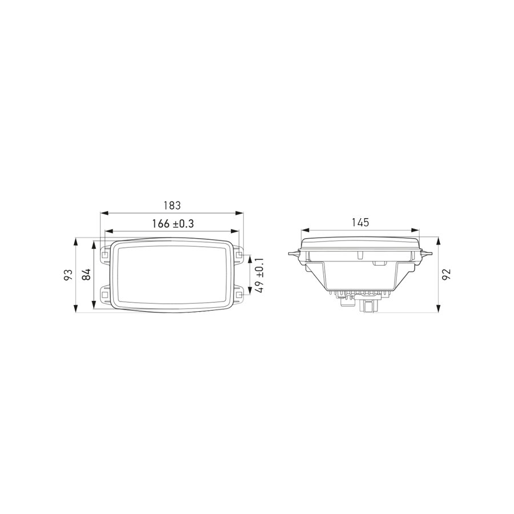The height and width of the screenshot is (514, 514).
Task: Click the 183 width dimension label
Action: click(172, 205)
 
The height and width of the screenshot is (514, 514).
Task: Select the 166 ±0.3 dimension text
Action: click(173, 224)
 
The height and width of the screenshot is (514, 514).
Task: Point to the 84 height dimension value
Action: click(87, 275)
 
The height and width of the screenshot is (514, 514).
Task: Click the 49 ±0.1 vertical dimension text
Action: click(259, 275)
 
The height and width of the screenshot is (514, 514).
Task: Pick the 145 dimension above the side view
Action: click(360, 222)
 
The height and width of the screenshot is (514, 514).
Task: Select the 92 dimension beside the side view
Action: click(446, 275)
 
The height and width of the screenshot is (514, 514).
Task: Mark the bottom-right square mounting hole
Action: click(240, 295)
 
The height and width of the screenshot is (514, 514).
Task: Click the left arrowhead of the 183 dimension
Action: click(103, 213)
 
